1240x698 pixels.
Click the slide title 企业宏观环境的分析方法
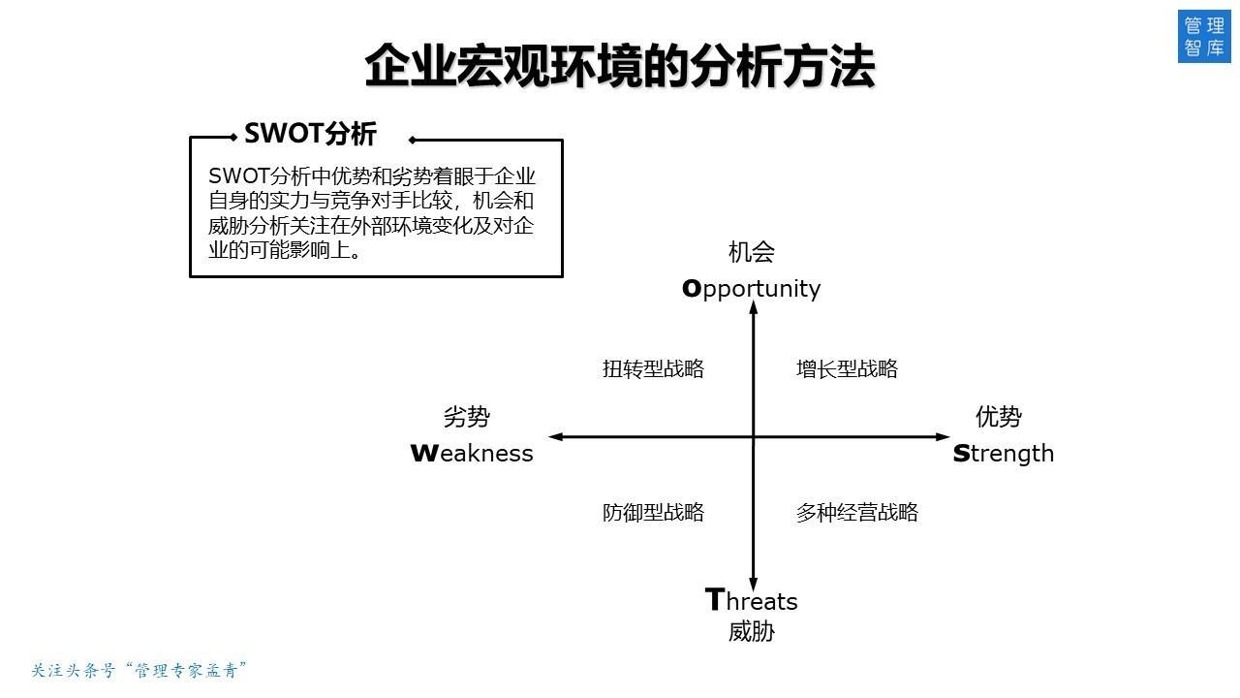(620, 66)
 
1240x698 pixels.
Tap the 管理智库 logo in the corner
(1203, 37)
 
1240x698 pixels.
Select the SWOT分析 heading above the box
(310, 134)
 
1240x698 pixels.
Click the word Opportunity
(751, 289)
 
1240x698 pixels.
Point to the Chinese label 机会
(751, 253)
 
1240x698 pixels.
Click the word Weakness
(472, 454)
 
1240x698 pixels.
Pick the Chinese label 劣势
(466, 417)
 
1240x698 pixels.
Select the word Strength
(1003, 454)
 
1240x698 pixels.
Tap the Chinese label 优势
(998, 417)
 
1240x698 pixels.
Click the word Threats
(751, 601)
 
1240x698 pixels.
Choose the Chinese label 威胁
(751, 632)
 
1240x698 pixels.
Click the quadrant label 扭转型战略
(653, 369)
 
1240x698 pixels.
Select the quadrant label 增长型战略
(847, 369)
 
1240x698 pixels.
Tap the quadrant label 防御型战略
(653, 513)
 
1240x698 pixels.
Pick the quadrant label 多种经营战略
(856, 513)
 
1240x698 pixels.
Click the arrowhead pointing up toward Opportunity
(753, 307)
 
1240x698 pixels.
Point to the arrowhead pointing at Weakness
(555, 437)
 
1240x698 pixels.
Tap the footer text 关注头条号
(74, 670)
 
